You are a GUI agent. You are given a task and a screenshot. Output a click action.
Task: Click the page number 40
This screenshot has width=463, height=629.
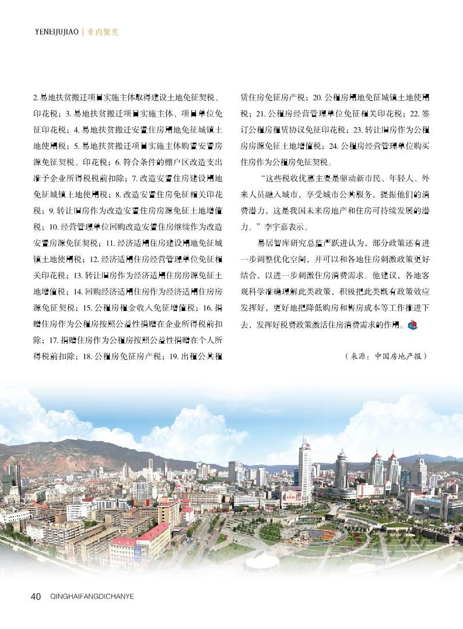pyautogui.click(x=35, y=596)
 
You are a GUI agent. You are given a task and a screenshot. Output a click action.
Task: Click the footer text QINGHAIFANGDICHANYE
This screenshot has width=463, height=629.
pyautogui.click(x=93, y=596)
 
